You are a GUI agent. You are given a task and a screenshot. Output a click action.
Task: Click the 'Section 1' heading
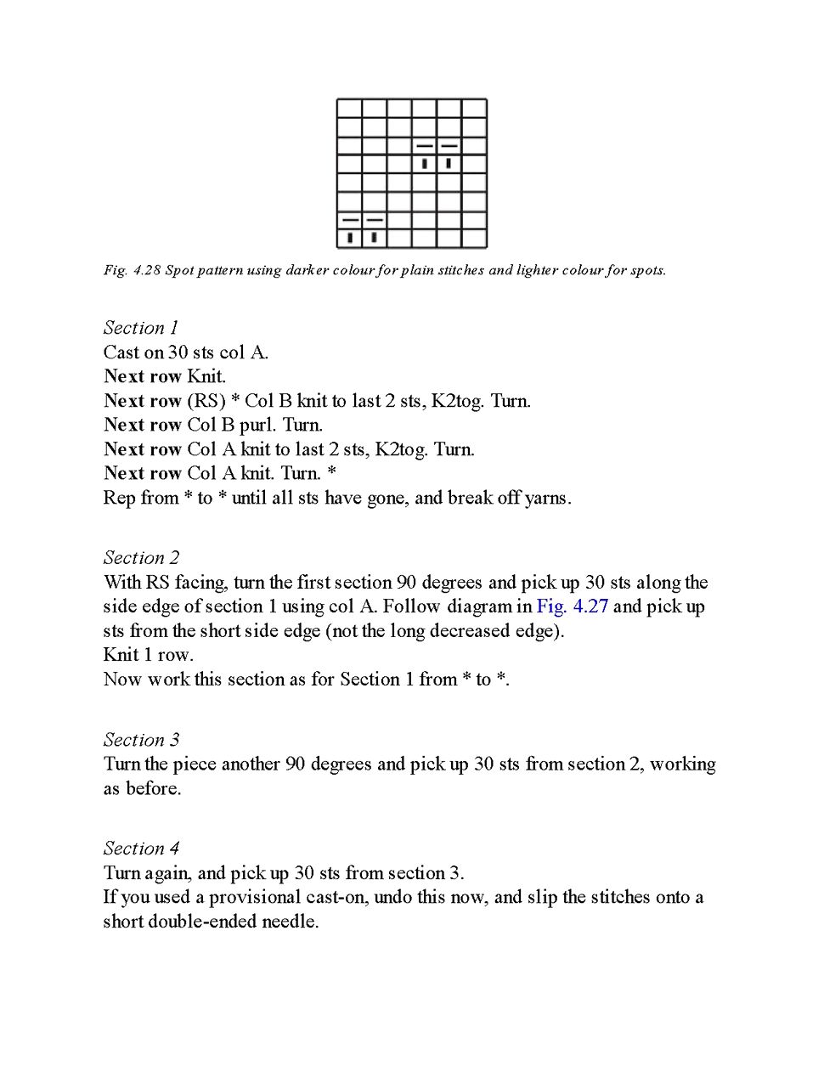pos(141,328)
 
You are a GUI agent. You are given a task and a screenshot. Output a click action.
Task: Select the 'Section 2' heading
pos(141,558)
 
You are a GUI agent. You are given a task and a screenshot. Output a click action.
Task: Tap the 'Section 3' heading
pos(141,740)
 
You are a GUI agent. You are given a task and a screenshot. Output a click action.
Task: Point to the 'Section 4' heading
pos(141,849)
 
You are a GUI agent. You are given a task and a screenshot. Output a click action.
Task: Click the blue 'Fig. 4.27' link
pos(572,606)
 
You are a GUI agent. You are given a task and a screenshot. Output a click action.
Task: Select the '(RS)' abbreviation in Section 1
pos(206,401)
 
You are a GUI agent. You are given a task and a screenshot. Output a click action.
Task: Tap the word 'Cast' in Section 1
pos(123,353)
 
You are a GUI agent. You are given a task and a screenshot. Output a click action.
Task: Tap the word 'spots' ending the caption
pos(646,270)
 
